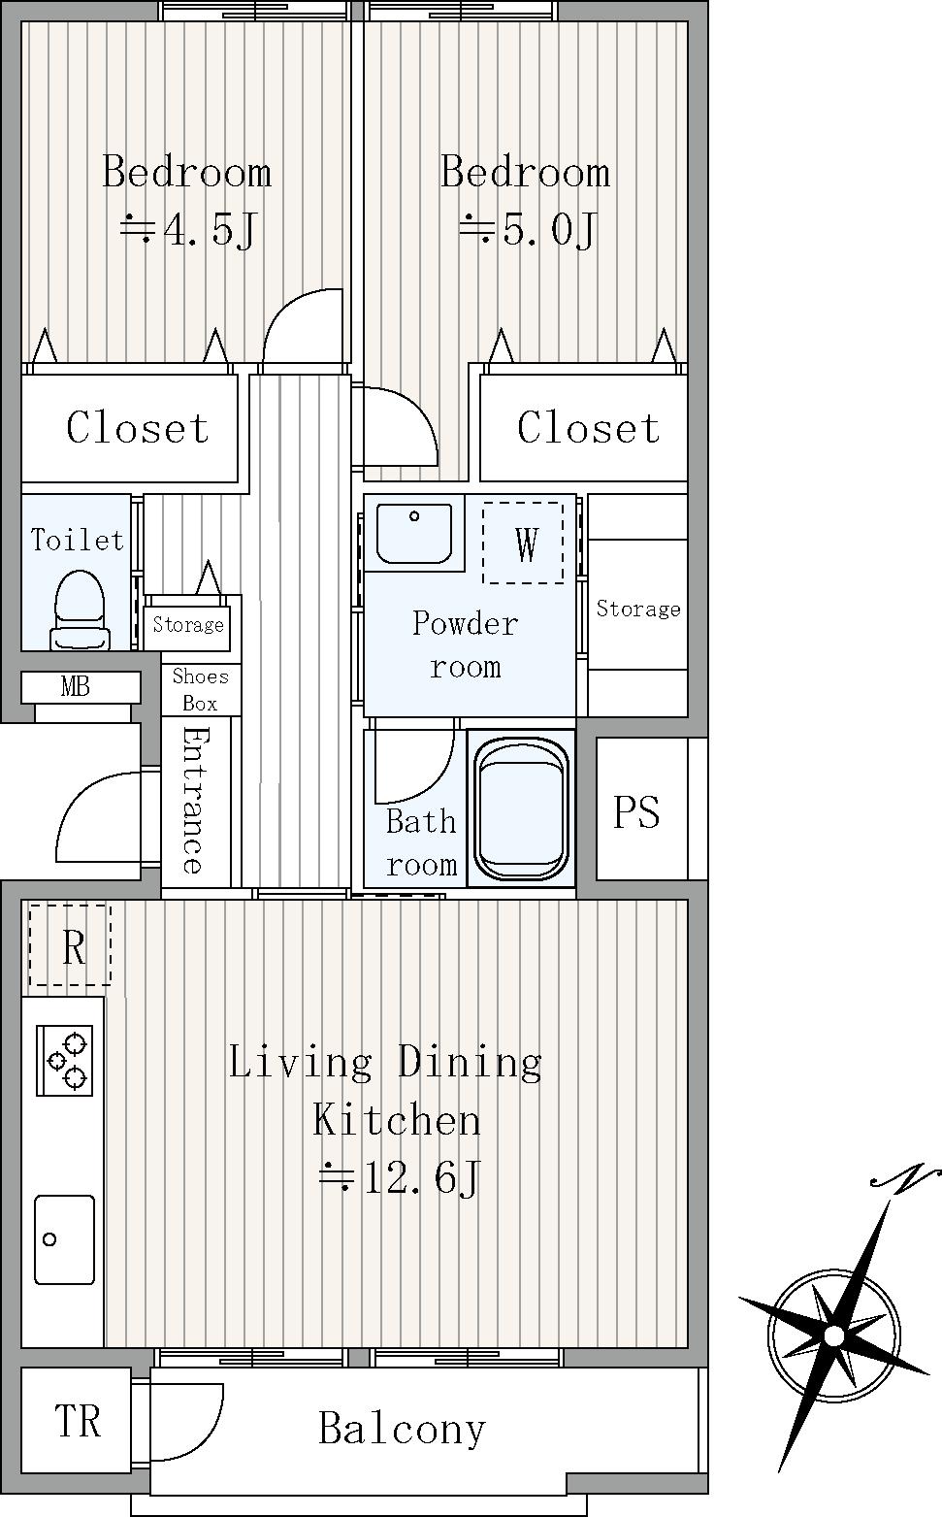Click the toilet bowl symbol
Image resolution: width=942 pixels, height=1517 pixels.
[80, 610]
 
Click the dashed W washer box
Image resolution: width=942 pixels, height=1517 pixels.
[523, 543]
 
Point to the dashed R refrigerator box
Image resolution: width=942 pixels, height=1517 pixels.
[69, 944]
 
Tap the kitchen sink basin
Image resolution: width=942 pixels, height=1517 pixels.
[64, 1240]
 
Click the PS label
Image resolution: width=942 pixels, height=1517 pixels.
[636, 811]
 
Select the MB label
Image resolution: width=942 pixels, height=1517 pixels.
[75, 687]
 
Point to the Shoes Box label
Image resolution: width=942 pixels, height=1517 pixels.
[200, 689]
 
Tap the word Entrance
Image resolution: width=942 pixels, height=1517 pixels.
[193, 800]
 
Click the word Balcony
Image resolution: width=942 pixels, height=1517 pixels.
[402, 1429]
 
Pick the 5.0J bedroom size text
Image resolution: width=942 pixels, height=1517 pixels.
[528, 229]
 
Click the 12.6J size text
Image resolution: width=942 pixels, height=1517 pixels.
[400, 1177]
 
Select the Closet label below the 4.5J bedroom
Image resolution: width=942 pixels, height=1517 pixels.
[138, 428]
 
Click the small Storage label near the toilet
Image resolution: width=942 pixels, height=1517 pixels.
[188, 624]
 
